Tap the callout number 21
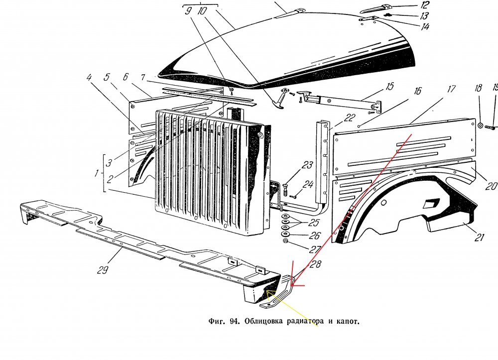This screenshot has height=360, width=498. click(479, 238)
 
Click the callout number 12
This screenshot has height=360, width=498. click(425, 5)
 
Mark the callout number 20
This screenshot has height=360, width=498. click(491, 186)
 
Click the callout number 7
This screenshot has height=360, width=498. click(143, 78)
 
